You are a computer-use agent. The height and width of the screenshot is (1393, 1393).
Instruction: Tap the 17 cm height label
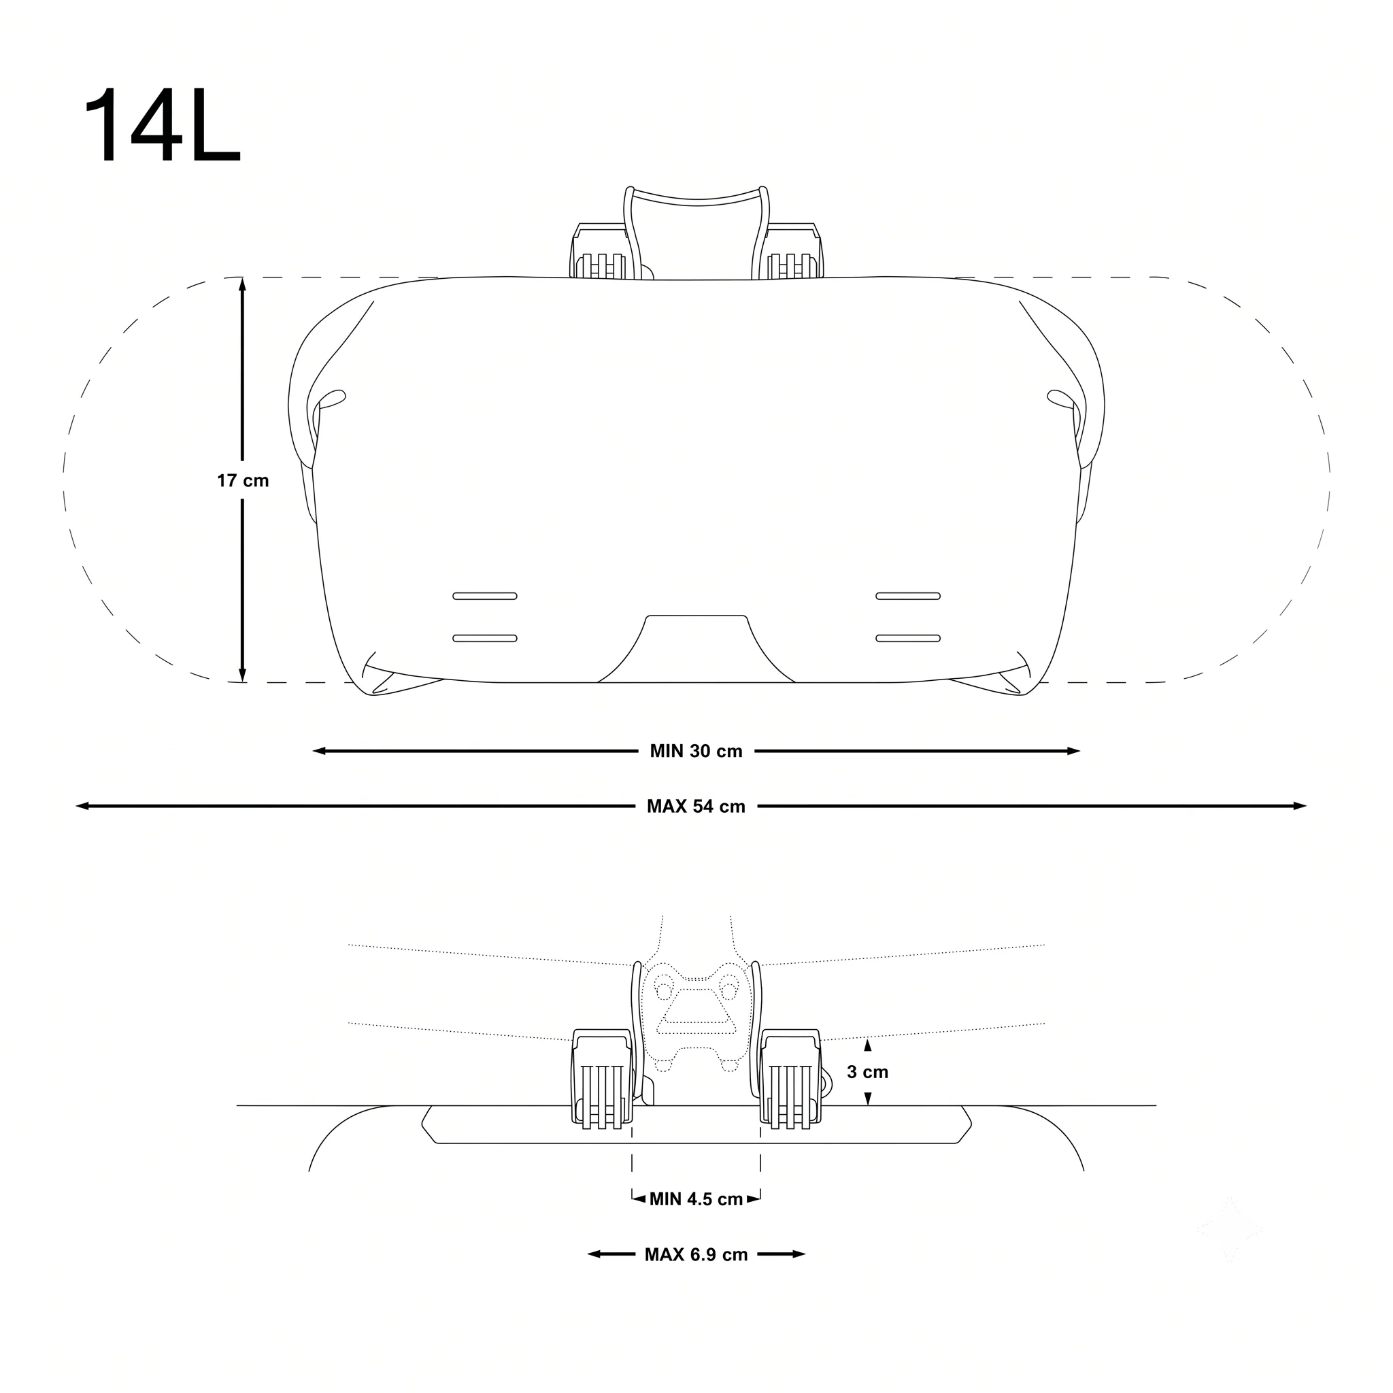pyautogui.click(x=243, y=481)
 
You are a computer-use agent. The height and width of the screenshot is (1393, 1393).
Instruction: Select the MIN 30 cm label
pyautogui.click(x=696, y=752)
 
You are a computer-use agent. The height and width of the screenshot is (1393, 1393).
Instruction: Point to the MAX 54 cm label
pyautogui.click(x=696, y=806)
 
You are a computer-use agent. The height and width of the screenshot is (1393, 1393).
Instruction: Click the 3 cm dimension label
pyautogui.click(x=867, y=1072)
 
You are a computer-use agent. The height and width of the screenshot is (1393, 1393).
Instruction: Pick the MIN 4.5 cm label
pyautogui.click(x=696, y=1199)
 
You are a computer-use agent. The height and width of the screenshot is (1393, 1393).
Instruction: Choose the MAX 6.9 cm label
pyautogui.click(x=696, y=1254)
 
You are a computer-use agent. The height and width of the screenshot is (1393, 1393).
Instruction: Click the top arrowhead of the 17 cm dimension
pyautogui.click(x=242, y=284)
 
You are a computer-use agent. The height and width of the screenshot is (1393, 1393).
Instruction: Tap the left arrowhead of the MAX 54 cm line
pyautogui.click(x=82, y=806)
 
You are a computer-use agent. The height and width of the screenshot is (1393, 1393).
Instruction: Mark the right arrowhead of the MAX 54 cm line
pyautogui.click(x=1299, y=806)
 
